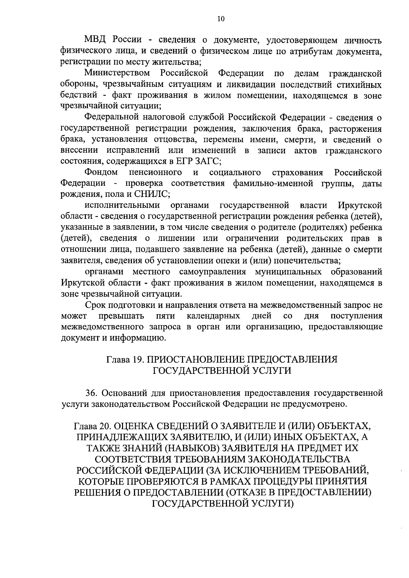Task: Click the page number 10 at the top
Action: (x=221, y=19)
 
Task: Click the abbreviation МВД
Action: (x=96, y=40)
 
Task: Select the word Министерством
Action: (x=118, y=73)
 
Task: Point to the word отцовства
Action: (x=178, y=140)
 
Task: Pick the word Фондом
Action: (x=101, y=172)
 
